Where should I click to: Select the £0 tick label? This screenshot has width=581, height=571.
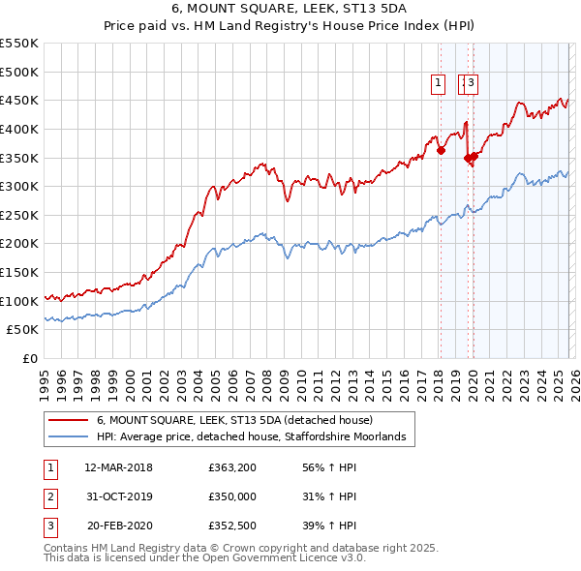pyautogui.click(x=29, y=359)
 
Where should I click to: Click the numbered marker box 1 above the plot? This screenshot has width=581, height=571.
pyautogui.click(x=439, y=84)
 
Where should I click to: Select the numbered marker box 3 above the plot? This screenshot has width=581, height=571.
pyautogui.click(x=472, y=84)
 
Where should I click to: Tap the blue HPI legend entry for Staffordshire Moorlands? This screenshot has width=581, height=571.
pyautogui.click(x=256, y=437)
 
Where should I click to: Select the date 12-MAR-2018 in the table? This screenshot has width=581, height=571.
pyautogui.click(x=118, y=467)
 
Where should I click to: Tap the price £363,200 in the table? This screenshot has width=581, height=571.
pyautogui.click(x=231, y=467)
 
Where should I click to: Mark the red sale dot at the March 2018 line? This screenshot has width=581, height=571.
pyautogui.click(x=441, y=150)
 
